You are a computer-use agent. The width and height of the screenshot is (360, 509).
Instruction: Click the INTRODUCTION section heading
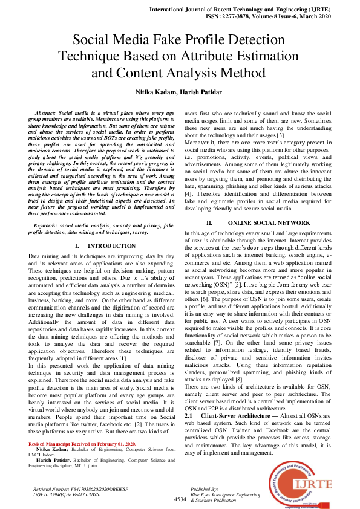[111, 246]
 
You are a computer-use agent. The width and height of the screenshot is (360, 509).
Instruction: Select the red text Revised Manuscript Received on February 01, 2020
[74, 443]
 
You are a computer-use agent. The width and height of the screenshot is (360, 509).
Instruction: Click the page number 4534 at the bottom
[180, 499]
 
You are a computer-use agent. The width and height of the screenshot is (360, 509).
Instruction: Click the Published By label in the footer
[204, 488]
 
